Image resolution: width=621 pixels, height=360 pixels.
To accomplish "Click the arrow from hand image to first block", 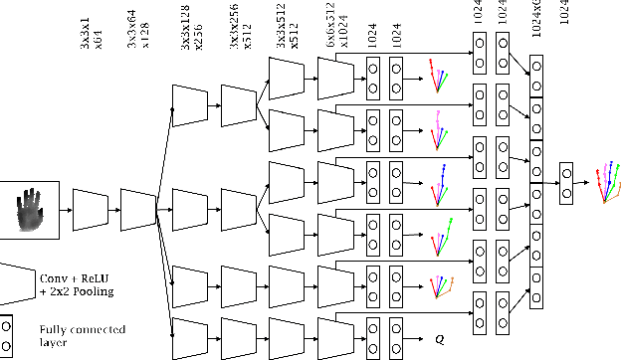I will click(67, 210).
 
